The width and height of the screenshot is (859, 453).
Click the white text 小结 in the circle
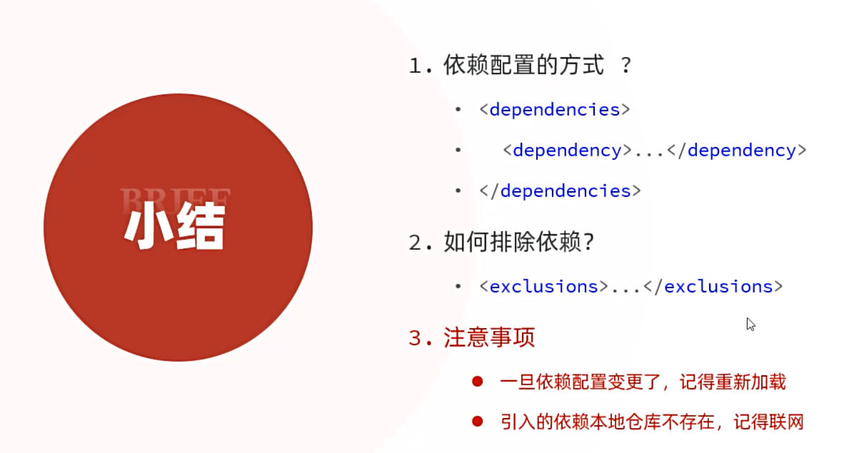175,228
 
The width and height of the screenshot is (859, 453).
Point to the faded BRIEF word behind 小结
175,198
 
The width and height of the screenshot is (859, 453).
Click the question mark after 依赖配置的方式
626,66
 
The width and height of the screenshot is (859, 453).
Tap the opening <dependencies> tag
555,110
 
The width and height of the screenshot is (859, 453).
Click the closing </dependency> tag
736,151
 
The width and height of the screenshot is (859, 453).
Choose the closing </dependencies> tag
561,191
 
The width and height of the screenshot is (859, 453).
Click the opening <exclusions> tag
543,287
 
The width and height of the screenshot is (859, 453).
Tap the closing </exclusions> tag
713,287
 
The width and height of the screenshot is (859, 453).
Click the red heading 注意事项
489,337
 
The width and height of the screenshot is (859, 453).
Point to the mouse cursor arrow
750,323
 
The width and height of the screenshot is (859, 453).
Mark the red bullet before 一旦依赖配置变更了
477,382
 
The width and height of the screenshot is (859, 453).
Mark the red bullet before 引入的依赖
477,422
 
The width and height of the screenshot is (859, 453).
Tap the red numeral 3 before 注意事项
416,338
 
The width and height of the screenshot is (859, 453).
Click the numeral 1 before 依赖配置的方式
416,67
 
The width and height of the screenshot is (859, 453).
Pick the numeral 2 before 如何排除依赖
416,243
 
